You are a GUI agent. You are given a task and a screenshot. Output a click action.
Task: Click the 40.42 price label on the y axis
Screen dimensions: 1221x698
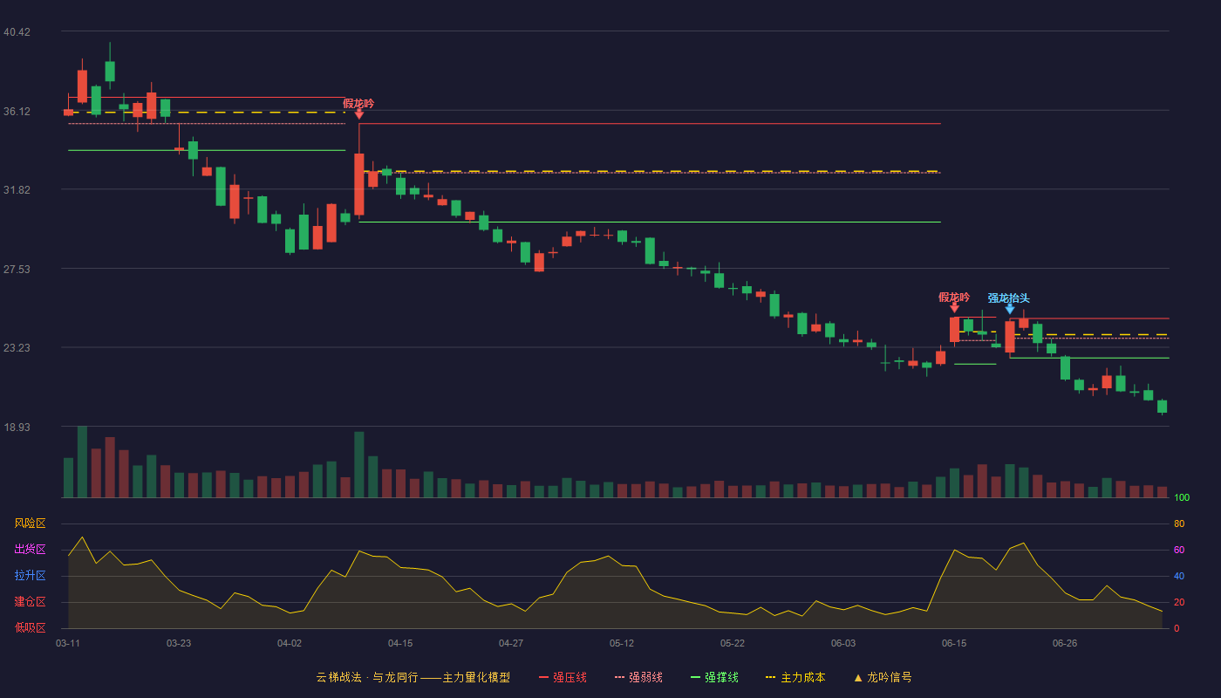tap(17, 32)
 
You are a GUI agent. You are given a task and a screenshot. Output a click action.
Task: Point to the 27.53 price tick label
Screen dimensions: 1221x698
tap(17, 270)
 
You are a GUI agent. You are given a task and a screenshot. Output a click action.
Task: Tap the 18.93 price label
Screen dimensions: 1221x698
tap(17, 427)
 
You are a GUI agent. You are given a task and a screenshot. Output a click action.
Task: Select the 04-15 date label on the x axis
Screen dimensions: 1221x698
tap(400, 644)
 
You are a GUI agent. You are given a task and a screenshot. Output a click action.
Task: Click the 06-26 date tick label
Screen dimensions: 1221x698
tap(1065, 644)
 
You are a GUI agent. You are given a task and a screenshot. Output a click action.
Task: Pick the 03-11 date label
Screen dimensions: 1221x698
tap(68, 644)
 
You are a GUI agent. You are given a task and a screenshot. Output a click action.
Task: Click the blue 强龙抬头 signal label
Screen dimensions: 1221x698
tap(1008, 298)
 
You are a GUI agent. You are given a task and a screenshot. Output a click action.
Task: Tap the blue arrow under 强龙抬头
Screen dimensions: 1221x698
tap(1010, 309)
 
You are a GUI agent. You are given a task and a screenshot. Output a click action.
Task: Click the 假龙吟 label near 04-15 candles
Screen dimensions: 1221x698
tap(358, 104)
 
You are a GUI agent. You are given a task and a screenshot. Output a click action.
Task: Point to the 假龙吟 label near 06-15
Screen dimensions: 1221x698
tap(954, 298)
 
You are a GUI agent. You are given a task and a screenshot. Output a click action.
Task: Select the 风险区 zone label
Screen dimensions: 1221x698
tap(30, 523)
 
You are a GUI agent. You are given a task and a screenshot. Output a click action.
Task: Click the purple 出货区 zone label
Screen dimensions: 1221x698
tap(30, 549)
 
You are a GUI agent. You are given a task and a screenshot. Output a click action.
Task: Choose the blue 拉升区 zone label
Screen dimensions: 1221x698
tap(30, 575)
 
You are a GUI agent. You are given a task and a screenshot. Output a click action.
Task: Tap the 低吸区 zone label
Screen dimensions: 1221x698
tap(30, 627)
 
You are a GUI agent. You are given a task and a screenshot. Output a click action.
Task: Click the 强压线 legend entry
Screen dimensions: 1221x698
tap(563, 677)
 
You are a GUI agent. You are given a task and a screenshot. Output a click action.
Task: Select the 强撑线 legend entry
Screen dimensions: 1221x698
tap(714, 677)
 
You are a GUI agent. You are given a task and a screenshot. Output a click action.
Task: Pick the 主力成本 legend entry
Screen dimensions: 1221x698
tap(795, 677)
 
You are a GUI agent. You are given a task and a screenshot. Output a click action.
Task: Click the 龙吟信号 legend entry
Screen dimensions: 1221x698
tap(883, 677)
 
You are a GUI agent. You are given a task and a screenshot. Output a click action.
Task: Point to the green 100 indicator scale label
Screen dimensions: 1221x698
tap(1182, 497)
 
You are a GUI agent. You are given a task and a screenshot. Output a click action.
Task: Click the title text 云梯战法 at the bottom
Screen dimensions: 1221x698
tap(338, 677)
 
